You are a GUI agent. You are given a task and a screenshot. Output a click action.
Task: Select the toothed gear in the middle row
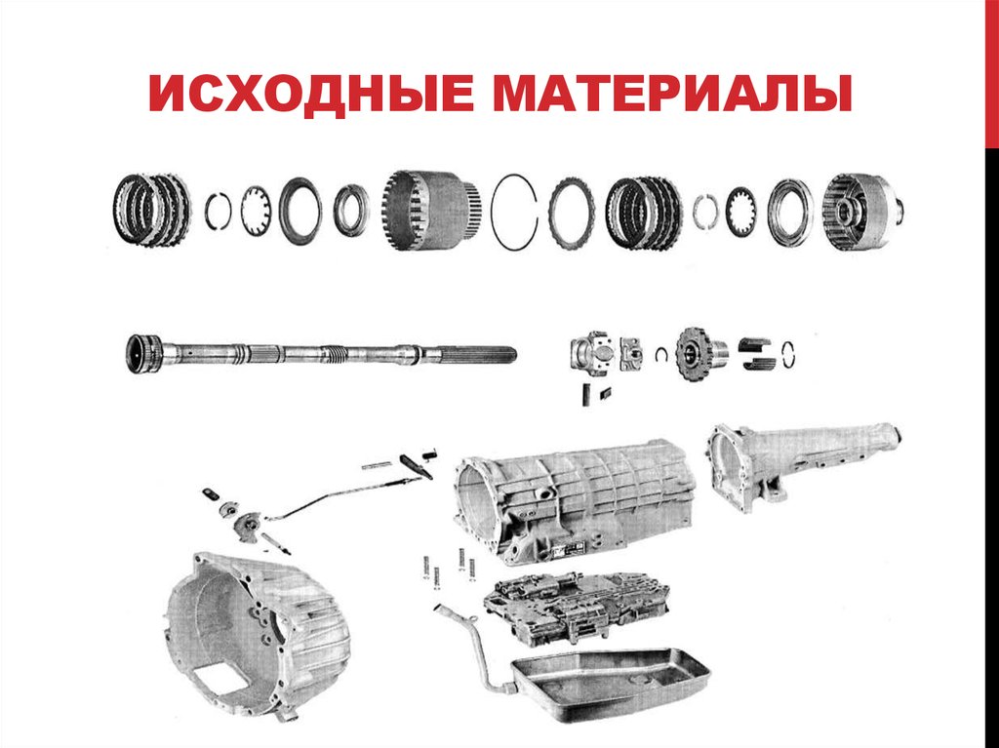pyautogui.click(x=696, y=352)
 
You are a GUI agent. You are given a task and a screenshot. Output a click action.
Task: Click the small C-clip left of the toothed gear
pyautogui.click(x=660, y=353)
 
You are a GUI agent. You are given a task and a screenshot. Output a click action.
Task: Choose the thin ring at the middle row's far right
pyautogui.click(x=796, y=352)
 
